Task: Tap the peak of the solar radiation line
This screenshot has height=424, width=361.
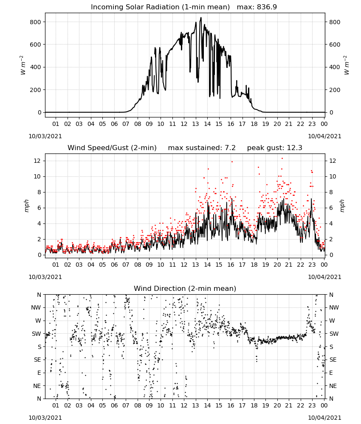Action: pos(201,17)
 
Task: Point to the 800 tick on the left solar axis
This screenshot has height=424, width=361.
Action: pos(36,22)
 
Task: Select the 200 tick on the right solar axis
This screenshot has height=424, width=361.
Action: pos(335,90)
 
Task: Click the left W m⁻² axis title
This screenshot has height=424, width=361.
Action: pos(23,65)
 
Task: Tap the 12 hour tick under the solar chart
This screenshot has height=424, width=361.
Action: pos(184,124)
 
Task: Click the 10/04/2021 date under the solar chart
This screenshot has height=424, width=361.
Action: pos(324,136)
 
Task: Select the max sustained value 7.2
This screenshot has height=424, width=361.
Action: pos(230,148)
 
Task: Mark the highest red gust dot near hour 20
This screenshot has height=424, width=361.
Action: pos(282,159)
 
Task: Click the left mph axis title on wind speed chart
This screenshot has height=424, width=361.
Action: pos(26,206)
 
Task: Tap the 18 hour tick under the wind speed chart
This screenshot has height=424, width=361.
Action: pos(254,265)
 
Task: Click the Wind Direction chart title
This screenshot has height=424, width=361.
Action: pos(185,288)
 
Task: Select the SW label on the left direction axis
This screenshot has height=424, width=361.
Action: pos(37,334)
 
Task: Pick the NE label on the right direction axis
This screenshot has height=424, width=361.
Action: pos(333,386)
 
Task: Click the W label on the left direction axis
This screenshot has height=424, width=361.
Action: pos(38,321)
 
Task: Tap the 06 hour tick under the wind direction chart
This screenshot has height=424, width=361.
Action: pos(114,405)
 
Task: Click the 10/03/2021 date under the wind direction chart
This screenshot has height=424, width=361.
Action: pos(45,418)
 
